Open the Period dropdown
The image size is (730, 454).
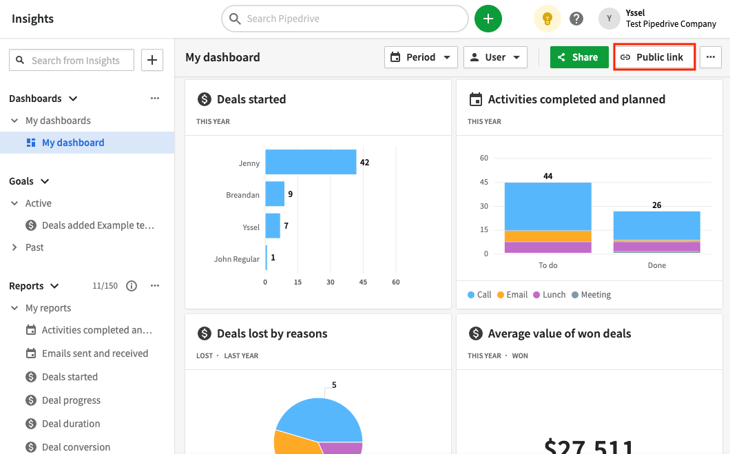point(421,57)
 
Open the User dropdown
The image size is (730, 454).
point(495,57)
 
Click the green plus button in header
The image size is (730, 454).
point(488,19)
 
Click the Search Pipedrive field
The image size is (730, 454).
point(344,19)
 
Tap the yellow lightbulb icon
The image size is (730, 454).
point(547,19)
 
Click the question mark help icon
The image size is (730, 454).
point(576,19)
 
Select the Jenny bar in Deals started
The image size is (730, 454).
point(311,163)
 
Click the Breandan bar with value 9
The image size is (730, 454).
point(275,194)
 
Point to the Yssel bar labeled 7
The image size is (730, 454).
point(273,226)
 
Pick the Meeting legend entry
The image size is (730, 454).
point(590,295)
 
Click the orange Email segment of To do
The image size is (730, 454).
point(548,236)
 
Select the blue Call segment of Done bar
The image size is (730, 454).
point(656,225)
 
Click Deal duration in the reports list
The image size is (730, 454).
point(71,424)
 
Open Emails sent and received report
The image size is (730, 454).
point(94,353)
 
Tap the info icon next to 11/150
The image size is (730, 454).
point(132,286)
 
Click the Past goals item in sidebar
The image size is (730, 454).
point(34,247)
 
